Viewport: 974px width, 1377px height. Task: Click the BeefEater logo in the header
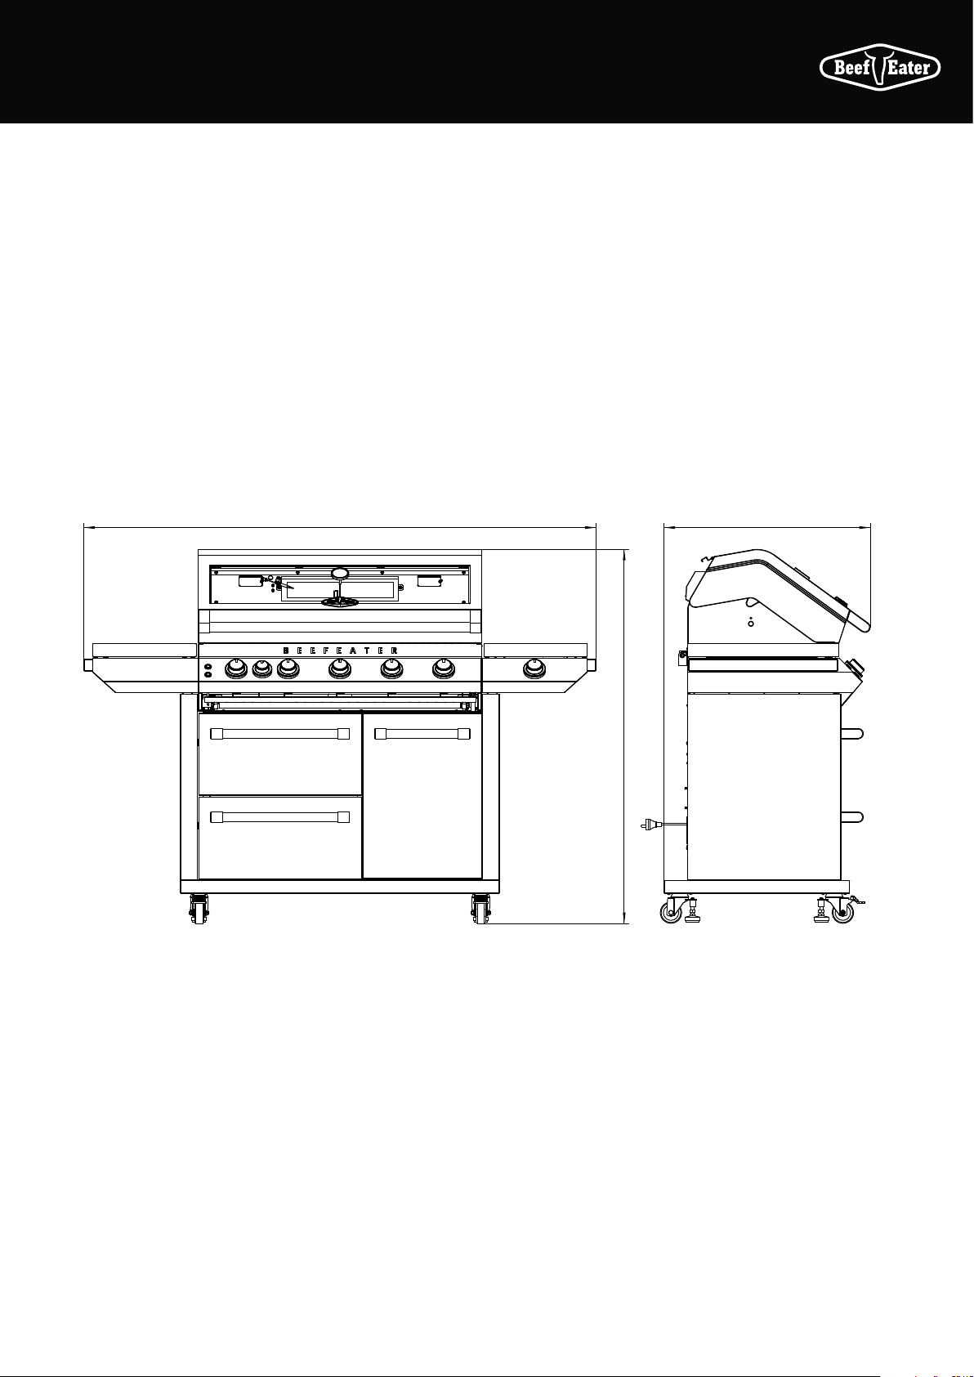pyautogui.click(x=880, y=67)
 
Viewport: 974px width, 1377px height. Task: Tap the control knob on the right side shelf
pyautogui.click(x=534, y=668)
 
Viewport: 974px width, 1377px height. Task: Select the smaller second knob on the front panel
pyautogui.click(x=262, y=668)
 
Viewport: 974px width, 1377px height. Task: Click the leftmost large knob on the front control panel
pyautogui.click(x=236, y=668)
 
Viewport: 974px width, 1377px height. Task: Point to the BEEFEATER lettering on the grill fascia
pyautogui.click(x=341, y=650)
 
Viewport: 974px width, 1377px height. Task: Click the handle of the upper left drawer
pyautogui.click(x=279, y=733)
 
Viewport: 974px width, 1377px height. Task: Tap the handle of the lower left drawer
pyautogui.click(x=279, y=817)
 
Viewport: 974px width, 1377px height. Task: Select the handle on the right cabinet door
pyautogui.click(x=422, y=733)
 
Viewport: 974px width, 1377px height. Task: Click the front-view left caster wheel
pyautogui.click(x=199, y=910)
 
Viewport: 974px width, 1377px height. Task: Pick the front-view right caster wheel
pyautogui.click(x=480, y=910)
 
